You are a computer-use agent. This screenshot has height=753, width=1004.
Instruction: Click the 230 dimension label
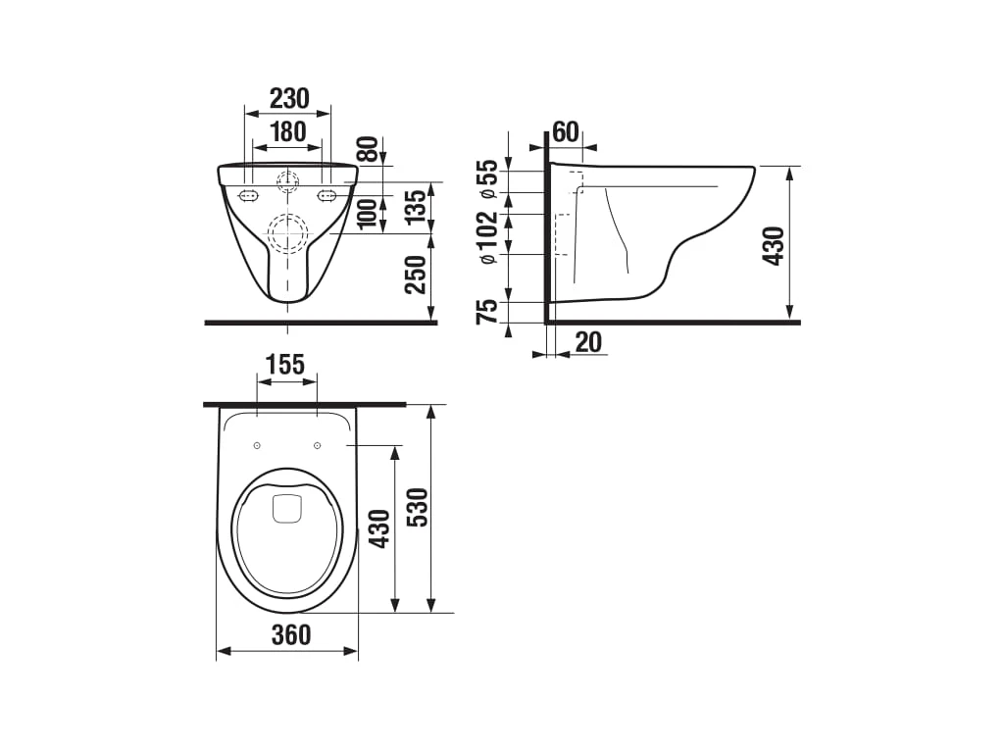click(289, 99)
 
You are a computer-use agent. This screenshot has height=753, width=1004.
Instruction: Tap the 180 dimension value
click(287, 132)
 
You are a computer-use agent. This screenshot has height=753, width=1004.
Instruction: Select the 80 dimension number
click(368, 150)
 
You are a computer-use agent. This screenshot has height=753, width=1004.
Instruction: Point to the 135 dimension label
click(416, 206)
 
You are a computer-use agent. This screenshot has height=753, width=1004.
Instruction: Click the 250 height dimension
click(416, 275)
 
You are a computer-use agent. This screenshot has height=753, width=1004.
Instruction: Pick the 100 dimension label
click(368, 213)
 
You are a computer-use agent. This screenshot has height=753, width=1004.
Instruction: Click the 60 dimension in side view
click(565, 132)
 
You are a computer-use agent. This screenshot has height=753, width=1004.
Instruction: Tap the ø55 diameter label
click(487, 180)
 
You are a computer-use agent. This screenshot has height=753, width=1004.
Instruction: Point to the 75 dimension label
click(487, 311)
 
